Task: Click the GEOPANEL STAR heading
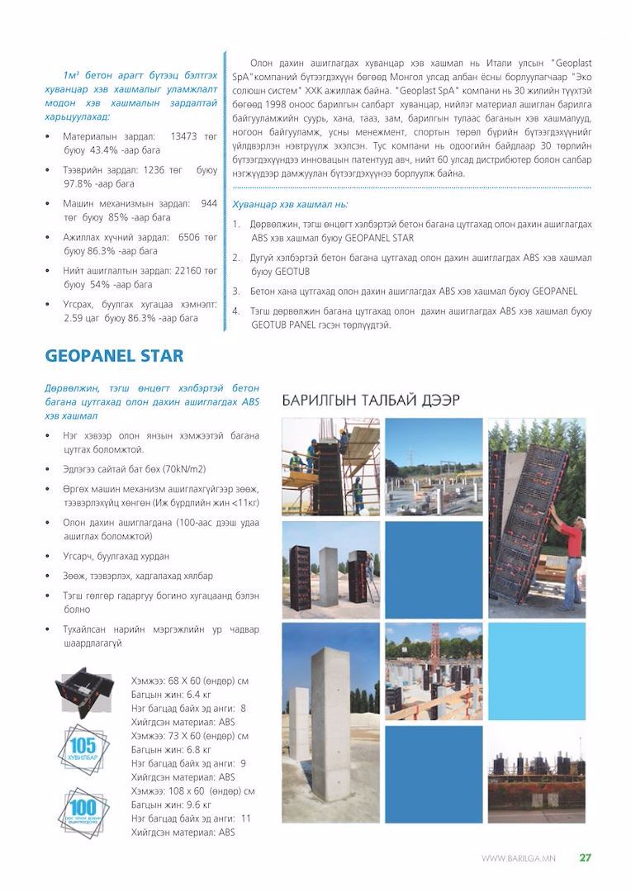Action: coord(114,356)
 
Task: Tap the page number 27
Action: coord(585,857)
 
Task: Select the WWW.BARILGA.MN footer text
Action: coord(518,858)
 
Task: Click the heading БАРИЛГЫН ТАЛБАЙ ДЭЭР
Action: coord(371,401)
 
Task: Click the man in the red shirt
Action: coord(571,549)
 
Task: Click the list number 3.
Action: coord(236,291)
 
